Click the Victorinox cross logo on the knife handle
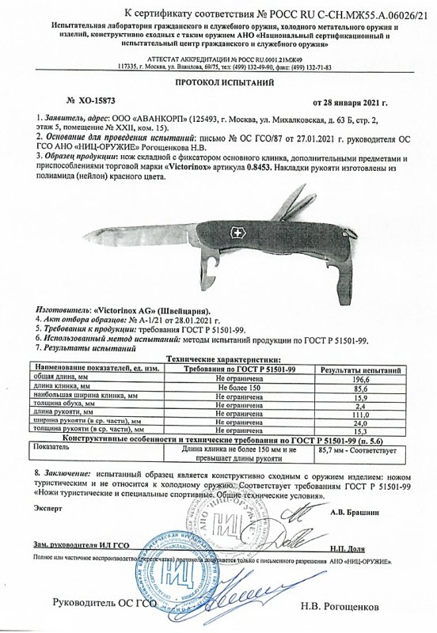[x=237, y=233]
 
